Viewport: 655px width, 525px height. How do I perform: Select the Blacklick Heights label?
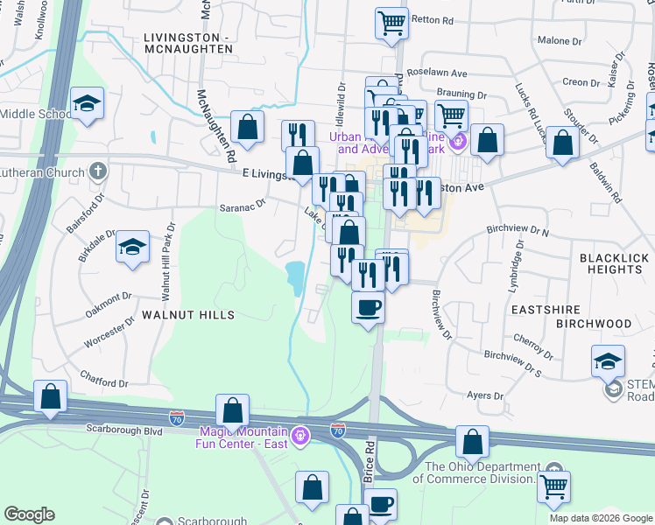pos(611,263)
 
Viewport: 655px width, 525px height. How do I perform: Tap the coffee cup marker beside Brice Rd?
pos(368,308)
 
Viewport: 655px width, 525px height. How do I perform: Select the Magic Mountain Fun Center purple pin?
pos(300,435)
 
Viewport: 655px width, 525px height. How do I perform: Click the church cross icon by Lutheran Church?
pos(99,171)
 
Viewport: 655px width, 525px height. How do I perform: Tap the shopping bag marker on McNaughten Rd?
pos(249,126)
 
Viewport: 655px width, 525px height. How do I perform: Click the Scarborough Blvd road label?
pos(124,430)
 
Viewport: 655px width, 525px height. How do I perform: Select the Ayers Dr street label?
pos(485,396)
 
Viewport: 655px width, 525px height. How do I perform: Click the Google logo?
pos(29,514)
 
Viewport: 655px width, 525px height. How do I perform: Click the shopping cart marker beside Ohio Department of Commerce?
pos(553,486)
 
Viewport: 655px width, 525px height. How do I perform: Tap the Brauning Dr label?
pos(466,94)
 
